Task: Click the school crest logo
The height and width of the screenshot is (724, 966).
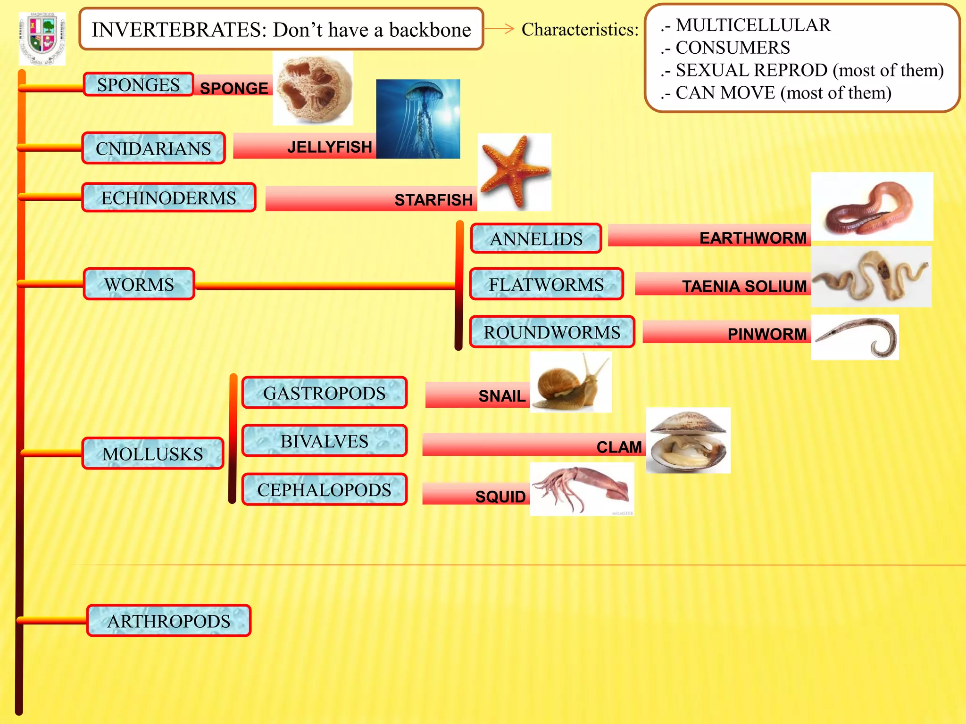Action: click(x=42, y=39)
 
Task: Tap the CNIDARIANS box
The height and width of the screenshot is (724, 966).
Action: click(x=153, y=148)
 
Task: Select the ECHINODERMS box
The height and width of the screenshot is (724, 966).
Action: click(x=168, y=198)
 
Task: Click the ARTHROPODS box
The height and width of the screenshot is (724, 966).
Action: click(x=168, y=621)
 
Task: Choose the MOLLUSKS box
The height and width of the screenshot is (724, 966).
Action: click(x=152, y=453)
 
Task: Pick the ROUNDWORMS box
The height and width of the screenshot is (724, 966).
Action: click(x=552, y=332)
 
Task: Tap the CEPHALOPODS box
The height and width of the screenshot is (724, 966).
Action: click(x=324, y=490)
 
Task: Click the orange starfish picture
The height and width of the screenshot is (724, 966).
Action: click(x=514, y=172)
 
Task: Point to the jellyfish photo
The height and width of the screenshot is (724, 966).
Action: click(x=418, y=119)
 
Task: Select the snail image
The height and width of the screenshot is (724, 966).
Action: click(x=571, y=382)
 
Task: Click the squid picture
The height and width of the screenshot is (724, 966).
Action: click(x=582, y=489)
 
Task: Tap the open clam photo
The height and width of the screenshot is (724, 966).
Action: click(x=688, y=440)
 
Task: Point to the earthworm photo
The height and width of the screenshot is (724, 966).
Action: click(x=872, y=206)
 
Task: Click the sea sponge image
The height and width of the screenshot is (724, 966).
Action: click(x=313, y=89)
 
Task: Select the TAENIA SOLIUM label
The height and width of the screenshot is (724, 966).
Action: click(x=744, y=286)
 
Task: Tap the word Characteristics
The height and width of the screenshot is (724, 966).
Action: click(x=580, y=30)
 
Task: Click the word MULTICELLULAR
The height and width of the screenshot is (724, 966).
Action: click(x=753, y=25)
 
